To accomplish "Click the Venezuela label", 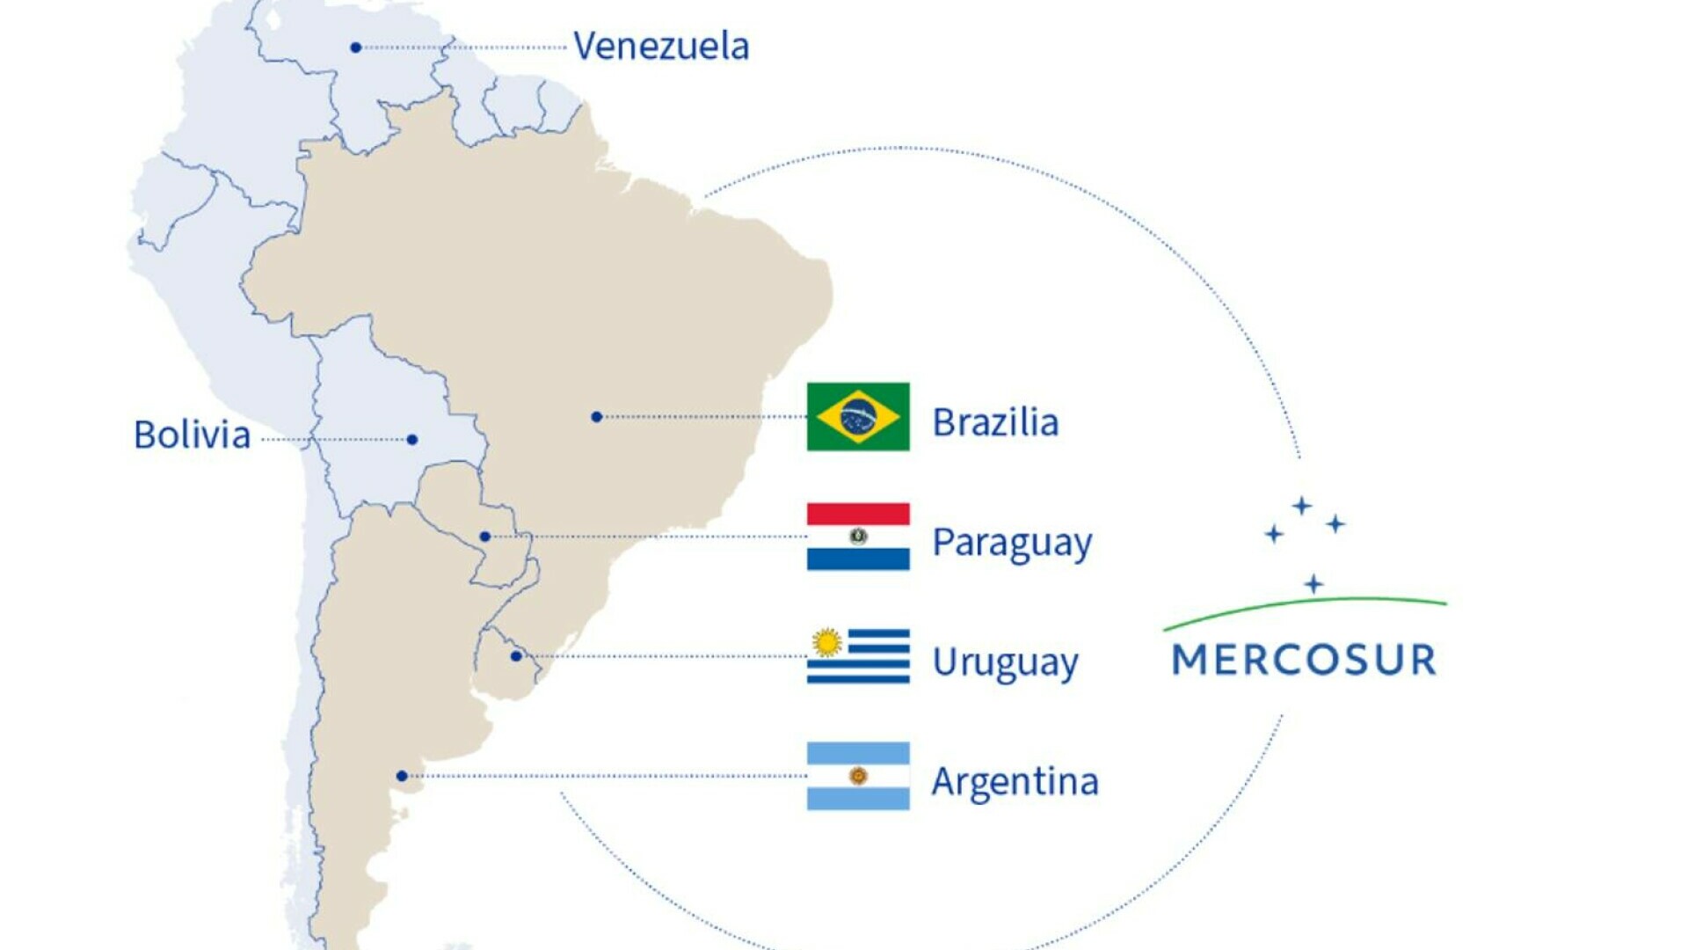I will (661, 46).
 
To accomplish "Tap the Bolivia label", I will (192, 435).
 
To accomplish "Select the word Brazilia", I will (995, 422).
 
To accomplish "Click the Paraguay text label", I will (1012, 543).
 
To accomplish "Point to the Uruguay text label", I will (1005, 662).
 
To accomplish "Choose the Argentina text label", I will (1015, 781).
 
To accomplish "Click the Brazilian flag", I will (858, 417).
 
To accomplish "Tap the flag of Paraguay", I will (858, 537).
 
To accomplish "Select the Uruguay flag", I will (858, 656).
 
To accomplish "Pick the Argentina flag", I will (858, 776).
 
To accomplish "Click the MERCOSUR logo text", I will (1305, 660).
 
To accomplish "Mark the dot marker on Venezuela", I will (355, 47).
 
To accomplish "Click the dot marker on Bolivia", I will (412, 440).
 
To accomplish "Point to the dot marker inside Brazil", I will (596, 417).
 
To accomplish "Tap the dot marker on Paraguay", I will (484, 537).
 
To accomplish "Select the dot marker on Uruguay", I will (516, 656).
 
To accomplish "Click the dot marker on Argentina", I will (402, 776).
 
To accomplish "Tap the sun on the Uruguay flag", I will (826, 643).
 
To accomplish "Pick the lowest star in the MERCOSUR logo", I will (1313, 584).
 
